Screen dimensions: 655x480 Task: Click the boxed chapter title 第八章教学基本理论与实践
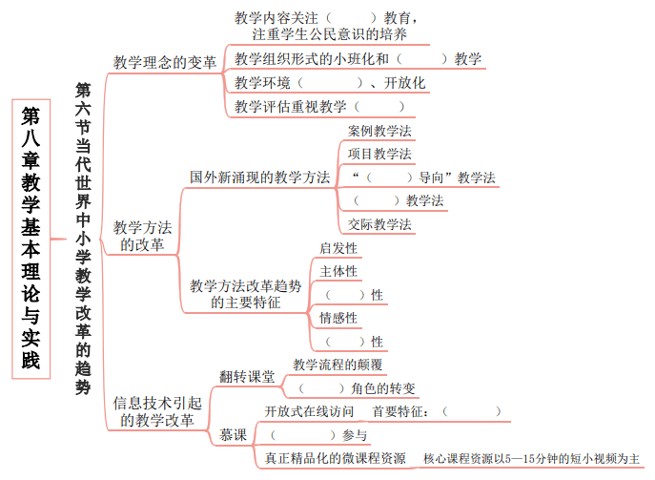(x=31, y=239)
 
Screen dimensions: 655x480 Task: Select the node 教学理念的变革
(x=165, y=63)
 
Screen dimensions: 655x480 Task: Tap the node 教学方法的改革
(x=142, y=237)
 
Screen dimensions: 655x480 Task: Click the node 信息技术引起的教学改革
(x=157, y=412)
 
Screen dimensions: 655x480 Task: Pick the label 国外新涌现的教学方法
(x=260, y=177)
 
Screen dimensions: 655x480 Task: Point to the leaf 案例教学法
(x=379, y=132)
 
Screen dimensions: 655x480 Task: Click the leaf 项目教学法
(x=379, y=154)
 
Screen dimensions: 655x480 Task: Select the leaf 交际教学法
(x=379, y=224)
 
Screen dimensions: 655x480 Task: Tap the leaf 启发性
(x=338, y=248)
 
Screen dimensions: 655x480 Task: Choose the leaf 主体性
(x=338, y=271)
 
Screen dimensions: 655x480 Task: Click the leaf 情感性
(x=338, y=318)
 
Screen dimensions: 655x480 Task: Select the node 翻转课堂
(x=247, y=377)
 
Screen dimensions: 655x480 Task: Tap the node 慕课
(x=233, y=435)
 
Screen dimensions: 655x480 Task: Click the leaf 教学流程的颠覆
(x=338, y=365)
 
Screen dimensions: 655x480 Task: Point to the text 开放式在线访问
(x=309, y=412)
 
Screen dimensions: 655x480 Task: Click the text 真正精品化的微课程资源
(x=336, y=459)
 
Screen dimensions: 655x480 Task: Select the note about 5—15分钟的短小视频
(x=531, y=459)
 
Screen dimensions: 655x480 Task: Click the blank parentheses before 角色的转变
(x=321, y=388)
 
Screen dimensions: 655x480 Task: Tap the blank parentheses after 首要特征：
(x=472, y=412)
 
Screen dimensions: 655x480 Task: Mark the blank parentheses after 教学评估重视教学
(x=379, y=107)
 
